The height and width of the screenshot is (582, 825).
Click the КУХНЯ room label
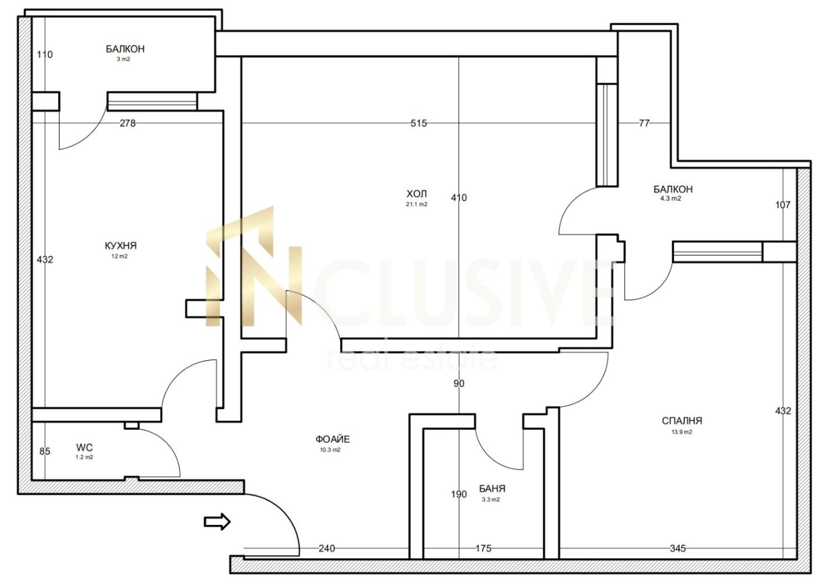(121, 246)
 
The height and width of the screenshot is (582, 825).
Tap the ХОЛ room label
(417, 193)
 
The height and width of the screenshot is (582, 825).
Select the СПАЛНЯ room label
(682, 421)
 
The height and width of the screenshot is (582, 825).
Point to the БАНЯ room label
(492, 488)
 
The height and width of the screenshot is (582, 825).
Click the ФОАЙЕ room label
(333, 439)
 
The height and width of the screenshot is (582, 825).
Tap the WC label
(84, 448)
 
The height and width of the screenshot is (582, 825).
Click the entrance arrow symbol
(217, 521)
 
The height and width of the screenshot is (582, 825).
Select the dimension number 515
(419, 123)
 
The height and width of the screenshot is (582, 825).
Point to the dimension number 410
(459, 198)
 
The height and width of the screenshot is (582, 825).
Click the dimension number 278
(128, 123)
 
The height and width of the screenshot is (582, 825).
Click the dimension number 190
(459, 494)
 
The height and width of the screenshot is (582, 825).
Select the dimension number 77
(644, 123)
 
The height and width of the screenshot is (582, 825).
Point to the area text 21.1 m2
(417, 204)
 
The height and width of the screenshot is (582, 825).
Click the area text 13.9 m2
(682, 432)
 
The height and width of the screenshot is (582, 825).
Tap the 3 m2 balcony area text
(124, 59)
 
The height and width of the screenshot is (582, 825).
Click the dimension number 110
(45, 55)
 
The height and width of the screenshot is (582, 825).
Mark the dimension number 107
(782, 204)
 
